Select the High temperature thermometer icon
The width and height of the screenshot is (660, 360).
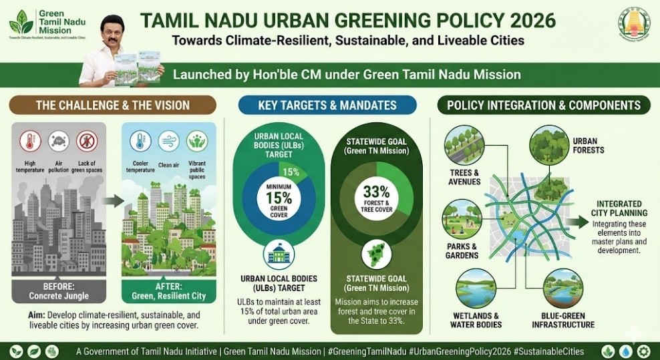click(30, 142)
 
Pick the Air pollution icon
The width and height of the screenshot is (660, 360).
click(59, 142)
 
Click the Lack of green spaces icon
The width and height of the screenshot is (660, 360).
click(88, 142)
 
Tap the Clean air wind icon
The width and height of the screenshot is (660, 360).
click(168, 142)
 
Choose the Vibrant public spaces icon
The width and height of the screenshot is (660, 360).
click(197, 142)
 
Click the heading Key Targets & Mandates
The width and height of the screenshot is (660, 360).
click(327, 106)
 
